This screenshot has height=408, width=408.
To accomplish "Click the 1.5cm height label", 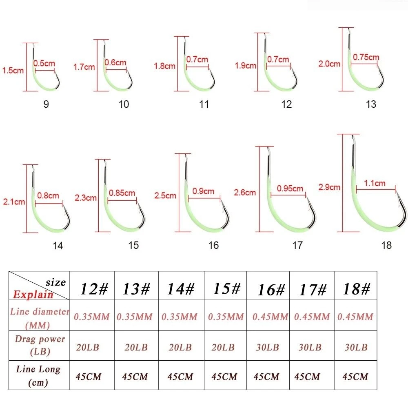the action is [13, 70].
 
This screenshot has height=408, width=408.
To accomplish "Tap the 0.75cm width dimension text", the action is [366, 57].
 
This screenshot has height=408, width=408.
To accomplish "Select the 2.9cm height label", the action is [329, 187].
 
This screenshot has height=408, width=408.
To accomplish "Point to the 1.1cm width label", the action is [375, 183].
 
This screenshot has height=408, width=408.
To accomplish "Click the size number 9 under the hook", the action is [46, 104].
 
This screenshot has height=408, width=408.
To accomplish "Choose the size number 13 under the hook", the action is [371, 104].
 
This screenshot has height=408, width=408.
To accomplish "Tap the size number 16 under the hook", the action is [213, 245].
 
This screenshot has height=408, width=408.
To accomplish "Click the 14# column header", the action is [181, 289].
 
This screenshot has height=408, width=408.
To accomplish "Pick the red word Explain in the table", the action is [33, 294].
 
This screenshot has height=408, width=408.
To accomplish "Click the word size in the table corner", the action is [55, 282].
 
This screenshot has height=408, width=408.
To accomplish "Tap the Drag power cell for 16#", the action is [268, 347].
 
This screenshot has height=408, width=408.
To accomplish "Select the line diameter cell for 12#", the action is [91, 317].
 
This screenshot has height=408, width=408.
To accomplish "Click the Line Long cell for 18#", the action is [355, 377].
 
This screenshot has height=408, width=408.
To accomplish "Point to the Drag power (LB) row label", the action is [40, 345].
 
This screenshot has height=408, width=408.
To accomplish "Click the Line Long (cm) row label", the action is [38, 375].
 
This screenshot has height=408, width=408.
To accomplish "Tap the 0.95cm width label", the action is [290, 188].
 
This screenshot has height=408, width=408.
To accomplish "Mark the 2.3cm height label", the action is [86, 198].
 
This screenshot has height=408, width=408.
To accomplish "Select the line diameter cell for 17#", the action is [312, 317].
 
